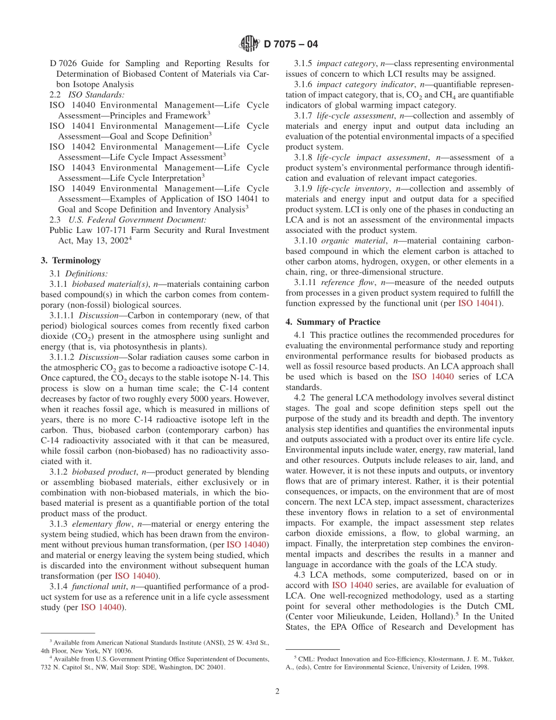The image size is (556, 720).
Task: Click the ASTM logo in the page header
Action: (249, 43)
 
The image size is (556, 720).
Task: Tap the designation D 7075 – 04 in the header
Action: (291, 44)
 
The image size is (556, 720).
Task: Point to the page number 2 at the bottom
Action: (277, 691)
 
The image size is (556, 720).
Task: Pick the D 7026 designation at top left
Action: (63, 63)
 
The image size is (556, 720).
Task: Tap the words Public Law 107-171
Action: (88, 230)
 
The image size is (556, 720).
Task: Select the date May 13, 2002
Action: (102, 241)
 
